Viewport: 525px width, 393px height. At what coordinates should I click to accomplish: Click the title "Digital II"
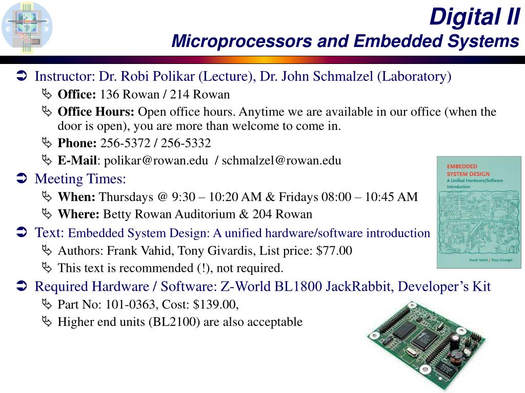point(474,17)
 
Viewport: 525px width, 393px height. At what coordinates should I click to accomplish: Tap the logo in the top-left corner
point(27,26)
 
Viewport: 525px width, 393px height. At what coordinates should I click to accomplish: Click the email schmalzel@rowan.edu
point(281,161)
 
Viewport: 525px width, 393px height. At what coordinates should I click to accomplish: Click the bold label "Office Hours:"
point(96,112)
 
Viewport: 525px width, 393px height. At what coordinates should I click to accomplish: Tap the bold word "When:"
point(76,197)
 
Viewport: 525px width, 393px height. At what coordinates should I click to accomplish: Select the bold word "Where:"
point(79,214)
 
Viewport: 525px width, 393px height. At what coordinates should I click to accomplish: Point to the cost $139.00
point(216,304)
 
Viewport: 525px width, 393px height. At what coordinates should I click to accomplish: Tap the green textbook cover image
point(478,212)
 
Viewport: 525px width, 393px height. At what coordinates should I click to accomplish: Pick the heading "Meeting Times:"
point(80,179)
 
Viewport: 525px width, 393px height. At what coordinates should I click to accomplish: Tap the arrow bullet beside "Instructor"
point(22,77)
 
